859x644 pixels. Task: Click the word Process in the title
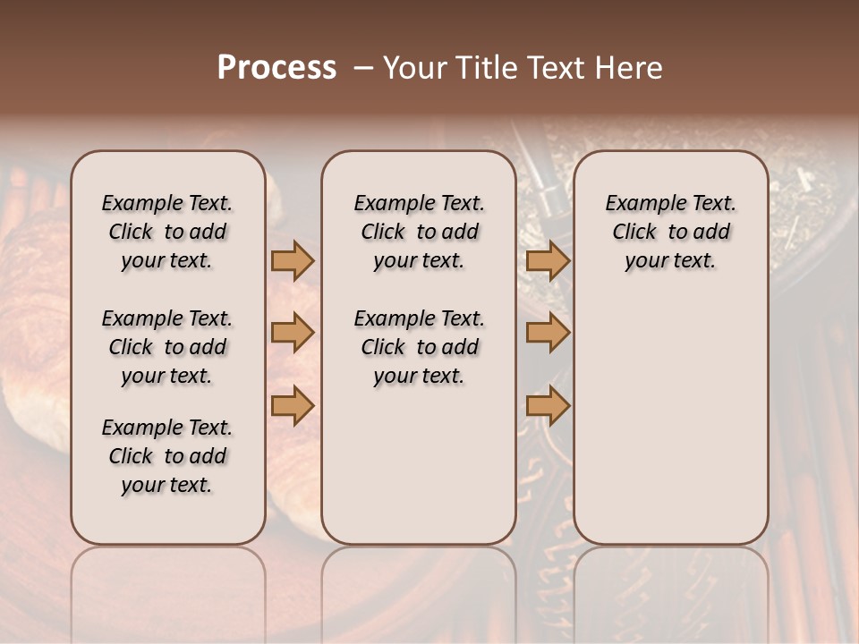[276, 68]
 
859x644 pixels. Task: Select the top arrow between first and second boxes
[292, 260]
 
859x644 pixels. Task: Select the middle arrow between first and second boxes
[292, 334]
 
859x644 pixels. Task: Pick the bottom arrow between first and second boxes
[292, 406]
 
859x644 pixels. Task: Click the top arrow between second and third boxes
[548, 260]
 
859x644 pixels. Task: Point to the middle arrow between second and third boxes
[548, 334]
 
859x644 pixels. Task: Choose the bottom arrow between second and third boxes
[548, 406]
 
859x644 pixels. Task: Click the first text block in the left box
[167, 232]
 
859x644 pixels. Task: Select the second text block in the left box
[167, 347]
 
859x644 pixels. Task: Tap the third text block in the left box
[167, 456]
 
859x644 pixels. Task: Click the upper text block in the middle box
[419, 232]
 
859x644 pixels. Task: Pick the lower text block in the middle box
[419, 347]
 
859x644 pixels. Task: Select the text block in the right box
[670, 232]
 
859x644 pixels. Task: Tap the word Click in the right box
[634, 233]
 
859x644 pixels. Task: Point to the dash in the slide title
[363, 68]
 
